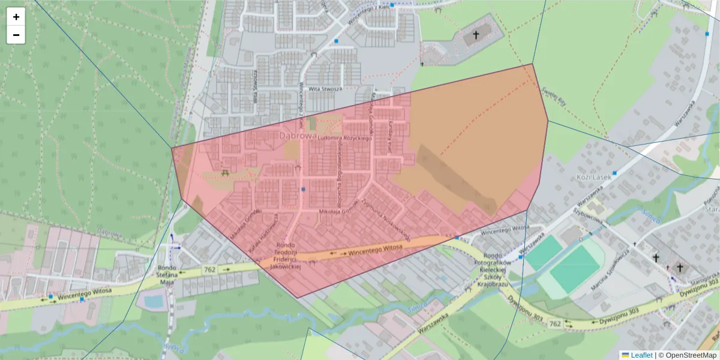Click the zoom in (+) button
pyautogui.click(x=16, y=17)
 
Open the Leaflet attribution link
pyautogui.click(x=641, y=355)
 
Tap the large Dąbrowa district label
pyautogui.click(x=298, y=136)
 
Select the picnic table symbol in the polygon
pyautogui.click(x=225, y=173)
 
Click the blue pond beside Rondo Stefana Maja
pyautogui.click(x=154, y=301)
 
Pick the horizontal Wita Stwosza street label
pyautogui.click(x=325, y=89)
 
